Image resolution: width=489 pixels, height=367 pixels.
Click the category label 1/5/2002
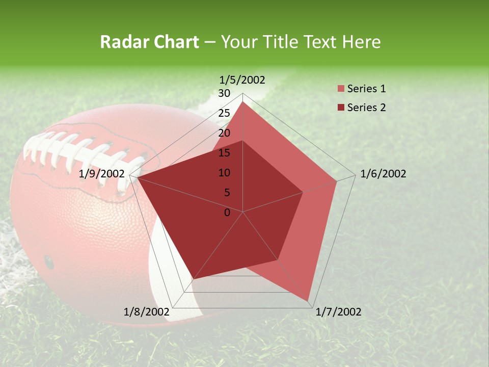(x=242, y=80)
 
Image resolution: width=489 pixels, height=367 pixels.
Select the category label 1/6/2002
(x=383, y=174)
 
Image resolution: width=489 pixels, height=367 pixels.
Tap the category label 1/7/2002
(x=338, y=312)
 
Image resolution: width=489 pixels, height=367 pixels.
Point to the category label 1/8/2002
(x=147, y=312)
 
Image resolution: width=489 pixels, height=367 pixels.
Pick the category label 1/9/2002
(x=102, y=174)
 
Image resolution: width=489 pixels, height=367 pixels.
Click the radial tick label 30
(x=224, y=93)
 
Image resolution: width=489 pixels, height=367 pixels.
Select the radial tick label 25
(x=224, y=113)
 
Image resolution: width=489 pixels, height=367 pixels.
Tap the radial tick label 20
(x=224, y=133)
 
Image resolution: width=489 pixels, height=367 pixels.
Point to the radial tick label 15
(x=224, y=153)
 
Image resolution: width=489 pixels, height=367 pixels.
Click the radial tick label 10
(x=224, y=173)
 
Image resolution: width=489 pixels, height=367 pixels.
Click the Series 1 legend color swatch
(x=341, y=89)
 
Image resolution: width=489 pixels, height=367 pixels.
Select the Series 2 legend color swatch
(x=341, y=108)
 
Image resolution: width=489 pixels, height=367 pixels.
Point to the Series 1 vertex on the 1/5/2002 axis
(x=243, y=102)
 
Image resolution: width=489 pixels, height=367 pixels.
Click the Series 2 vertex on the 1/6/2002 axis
(x=303, y=192)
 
